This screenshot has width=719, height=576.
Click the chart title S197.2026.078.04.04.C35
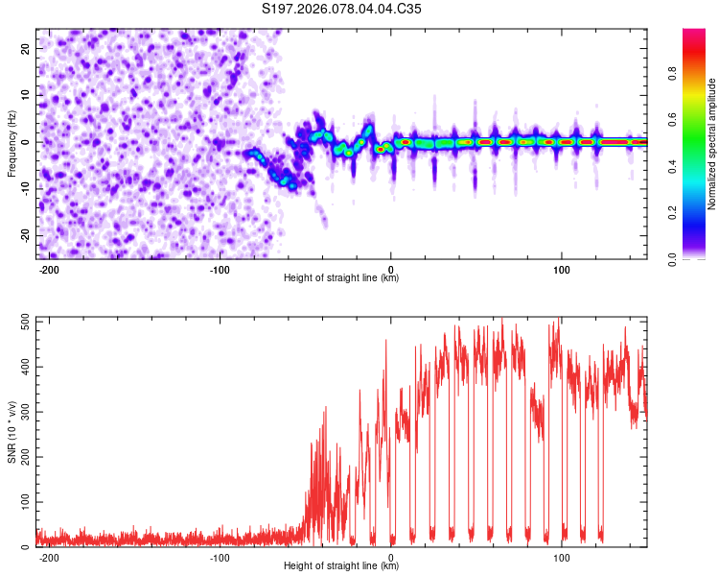tap(341, 10)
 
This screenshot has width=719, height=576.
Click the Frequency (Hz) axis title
tap(12, 141)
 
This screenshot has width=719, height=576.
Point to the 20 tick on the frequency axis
tap(27, 48)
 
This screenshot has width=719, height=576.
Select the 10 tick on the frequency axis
tap(27, 95)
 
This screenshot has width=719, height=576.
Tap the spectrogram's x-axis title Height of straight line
tap(341, 278)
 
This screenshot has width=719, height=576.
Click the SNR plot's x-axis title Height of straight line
tap(341, 566)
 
